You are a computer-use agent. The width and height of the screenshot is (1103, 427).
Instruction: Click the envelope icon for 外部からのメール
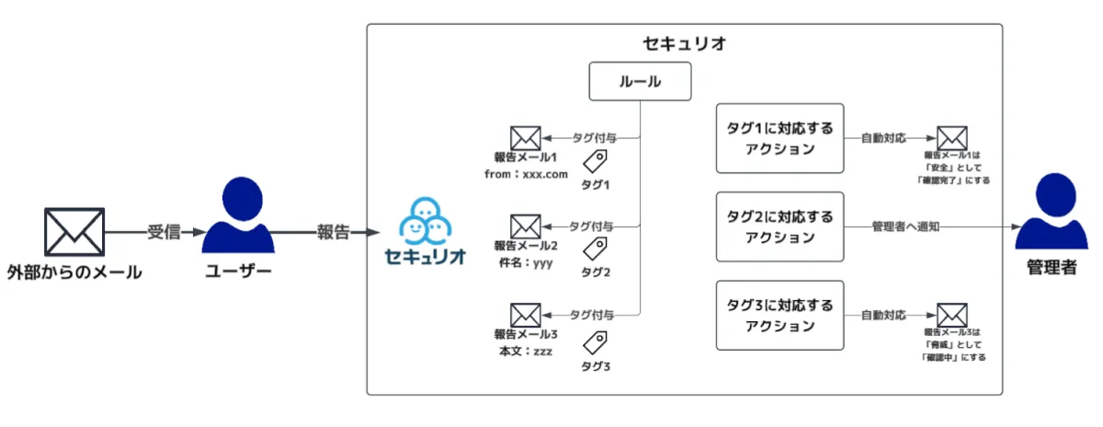tap(74, 232)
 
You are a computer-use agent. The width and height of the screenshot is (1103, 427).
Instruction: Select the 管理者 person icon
tap(1051, 213)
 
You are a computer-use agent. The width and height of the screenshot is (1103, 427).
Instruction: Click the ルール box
tap(639, 82)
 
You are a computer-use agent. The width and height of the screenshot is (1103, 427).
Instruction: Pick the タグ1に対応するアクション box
tap(779, 137)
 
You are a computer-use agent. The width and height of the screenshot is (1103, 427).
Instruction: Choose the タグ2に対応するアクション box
tap(779, 226)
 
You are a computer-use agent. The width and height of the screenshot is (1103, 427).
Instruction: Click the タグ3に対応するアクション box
tap(779, 315)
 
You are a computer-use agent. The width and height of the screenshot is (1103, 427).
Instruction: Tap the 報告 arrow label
tap(333, 232)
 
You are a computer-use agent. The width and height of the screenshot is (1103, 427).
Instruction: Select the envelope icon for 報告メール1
tap(525, 138)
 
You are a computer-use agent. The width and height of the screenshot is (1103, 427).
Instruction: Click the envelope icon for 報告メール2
tap(525, 225)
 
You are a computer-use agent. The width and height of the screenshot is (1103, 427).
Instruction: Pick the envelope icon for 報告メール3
tap(525, 314)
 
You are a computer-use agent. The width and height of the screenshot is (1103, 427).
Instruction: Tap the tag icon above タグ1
tap(596, 163)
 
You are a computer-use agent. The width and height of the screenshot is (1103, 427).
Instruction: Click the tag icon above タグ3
tap(596, 342)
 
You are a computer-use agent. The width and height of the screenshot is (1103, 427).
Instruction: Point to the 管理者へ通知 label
tap(905, 226)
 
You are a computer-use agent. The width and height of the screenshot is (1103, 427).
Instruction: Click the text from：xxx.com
tap(526, 173)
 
